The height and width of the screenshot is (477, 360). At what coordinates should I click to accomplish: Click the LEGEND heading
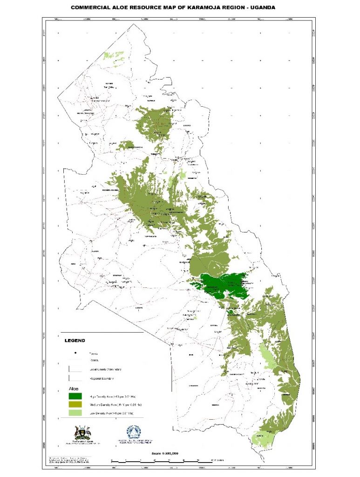tap(75, 341)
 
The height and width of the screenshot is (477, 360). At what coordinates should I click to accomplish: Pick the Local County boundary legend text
tap(105, 369)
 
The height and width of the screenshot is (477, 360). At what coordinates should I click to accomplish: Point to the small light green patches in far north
tap(110, 55)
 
